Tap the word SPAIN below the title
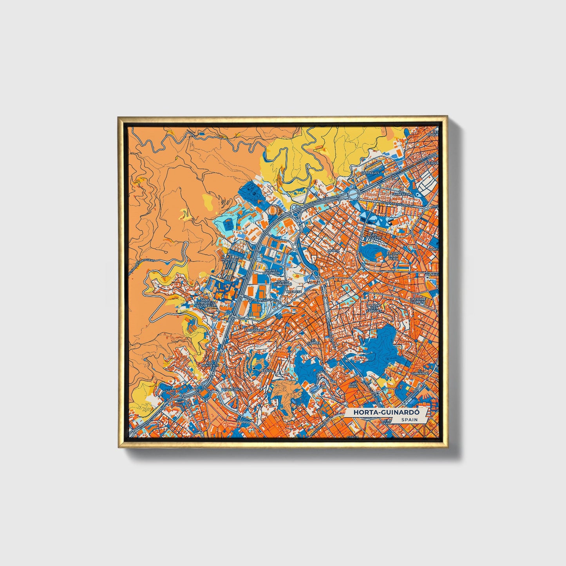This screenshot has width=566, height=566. click(x=410, y=420)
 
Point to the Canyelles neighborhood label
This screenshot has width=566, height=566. click(x=370, y=172)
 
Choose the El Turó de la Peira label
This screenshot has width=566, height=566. click(x=393, y=256)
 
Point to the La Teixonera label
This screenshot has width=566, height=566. click(x=255, y=328)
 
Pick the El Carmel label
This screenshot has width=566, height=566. click(x=314, y=341)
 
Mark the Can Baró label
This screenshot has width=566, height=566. click(x=354, y=384)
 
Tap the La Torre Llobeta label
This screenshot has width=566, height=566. click(x=418, y=300)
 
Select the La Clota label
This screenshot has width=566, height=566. click(x=292, y=291)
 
